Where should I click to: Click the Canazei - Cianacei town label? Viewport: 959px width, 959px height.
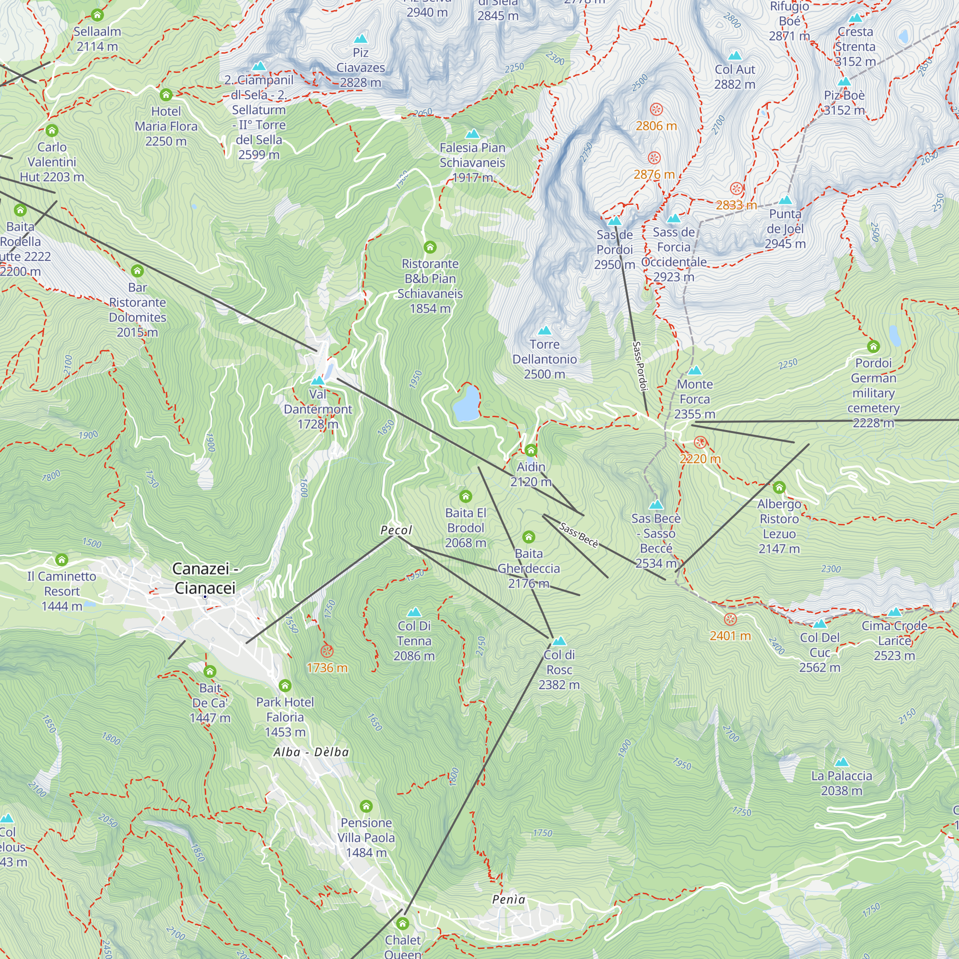[205, 578]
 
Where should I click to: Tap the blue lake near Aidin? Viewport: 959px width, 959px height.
[466, 404]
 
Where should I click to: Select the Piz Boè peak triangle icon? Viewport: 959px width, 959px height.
[844, 82]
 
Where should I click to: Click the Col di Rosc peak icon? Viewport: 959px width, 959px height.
[559, 641]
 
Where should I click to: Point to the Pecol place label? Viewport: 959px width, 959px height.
[396, 530]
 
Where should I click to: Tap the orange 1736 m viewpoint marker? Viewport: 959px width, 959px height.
[327, 651]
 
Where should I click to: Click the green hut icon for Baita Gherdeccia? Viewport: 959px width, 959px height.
[528, 537]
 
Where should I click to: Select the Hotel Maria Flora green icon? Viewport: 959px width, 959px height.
[166, 94]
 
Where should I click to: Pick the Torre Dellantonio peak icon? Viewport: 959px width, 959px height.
[545, 330]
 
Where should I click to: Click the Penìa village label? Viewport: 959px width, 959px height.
[508, 900]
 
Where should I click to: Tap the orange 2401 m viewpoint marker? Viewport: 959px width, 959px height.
[730, 619]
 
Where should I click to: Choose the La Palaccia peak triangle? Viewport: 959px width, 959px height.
[842, 762]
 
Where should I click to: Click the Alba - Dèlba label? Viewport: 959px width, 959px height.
[311, 752]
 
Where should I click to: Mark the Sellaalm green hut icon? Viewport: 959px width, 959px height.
[97, 15]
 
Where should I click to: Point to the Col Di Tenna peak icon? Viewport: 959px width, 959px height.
[414, 612]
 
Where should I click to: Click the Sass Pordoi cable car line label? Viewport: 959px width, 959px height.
[640, 366]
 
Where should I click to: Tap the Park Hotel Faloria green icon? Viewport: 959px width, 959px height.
[285, 686]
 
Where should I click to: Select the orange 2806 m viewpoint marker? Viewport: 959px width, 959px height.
[656, 109]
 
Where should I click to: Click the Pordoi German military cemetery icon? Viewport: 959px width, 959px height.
[873, 346]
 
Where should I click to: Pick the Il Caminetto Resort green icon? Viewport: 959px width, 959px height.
[61, 560]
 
